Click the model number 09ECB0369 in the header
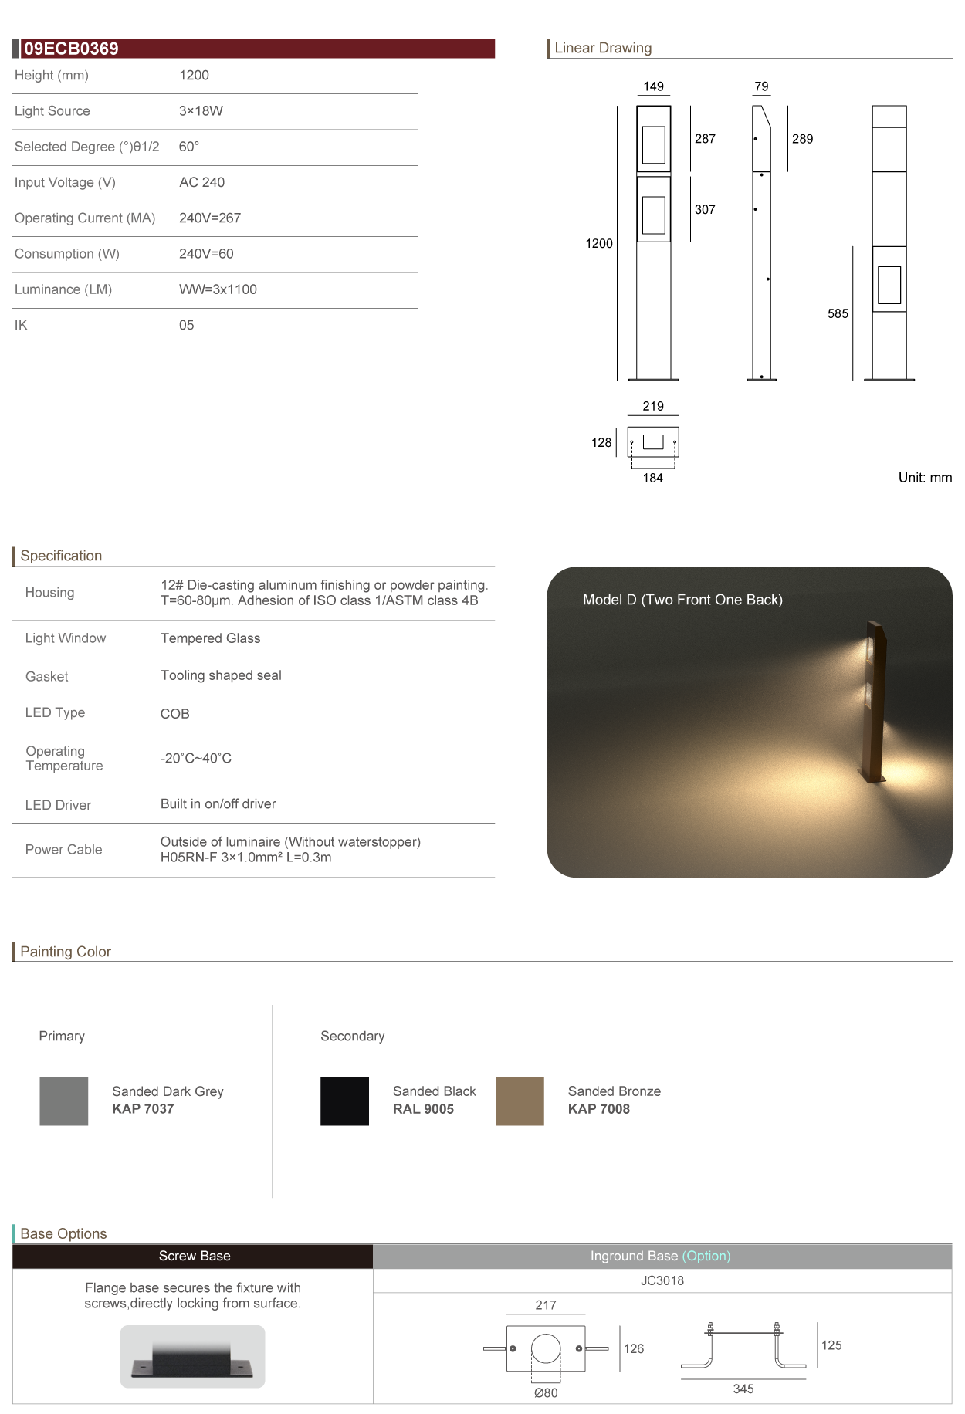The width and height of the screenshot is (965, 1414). pyautogui.click(x=71, y=49)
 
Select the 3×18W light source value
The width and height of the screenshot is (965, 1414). pyautogui.click(x=201, y=111)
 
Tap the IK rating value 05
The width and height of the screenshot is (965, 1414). pyautogui.click(x=186, y=326)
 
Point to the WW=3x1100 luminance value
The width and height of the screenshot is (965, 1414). pyautogui.click(x=218, y=289)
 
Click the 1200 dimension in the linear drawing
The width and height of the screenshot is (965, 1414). pyautogui.click(x=599, y=244)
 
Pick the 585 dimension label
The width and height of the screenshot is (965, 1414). pyautogui.click(x=838, y=314)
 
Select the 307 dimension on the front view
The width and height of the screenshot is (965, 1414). pyautogui.click(x=705, y=210)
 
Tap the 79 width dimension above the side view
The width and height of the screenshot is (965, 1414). pyautogui.click(x=761, y=86)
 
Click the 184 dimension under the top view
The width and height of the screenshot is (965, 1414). pyautogui.click(x=653, y=479)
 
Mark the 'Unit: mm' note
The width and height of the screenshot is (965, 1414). pyautogui.click(x=925, y=478)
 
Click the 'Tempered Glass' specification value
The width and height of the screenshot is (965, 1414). pyautogui.click(x=210, y=638)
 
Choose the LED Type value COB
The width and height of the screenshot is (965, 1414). pyautogui.click(x=174, y=714)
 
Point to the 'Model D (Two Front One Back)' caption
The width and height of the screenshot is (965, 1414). pyautogui.click(x=682, y=600)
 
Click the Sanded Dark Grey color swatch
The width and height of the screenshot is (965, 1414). pyautogui.click(x=64, y=1101)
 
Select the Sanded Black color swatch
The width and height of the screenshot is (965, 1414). pyautogui.click(x=344, y=1101)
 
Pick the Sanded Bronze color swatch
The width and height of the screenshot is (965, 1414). pyautogui.click(x=520, y=1101)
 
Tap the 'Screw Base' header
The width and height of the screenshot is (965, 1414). pyautogui.click(x=195, y=1257)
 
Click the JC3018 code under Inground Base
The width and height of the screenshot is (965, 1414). pyautogui.click(x=662, y=1281)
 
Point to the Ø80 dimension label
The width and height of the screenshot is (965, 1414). pyautogui.click(x=546, y=1393)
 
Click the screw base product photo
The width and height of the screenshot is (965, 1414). pyautogui.click(x=192, y=1357)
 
